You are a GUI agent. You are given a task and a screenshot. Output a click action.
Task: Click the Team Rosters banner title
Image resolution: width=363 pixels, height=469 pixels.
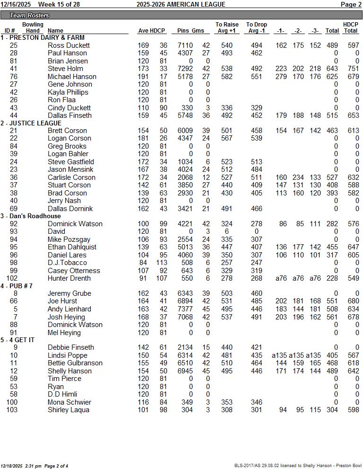pos(29,16)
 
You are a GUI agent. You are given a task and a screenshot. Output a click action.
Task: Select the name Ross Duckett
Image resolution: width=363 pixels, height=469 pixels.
pos(69,45)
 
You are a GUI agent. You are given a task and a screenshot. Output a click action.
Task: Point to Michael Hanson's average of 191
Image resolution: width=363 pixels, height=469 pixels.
pos(143,77)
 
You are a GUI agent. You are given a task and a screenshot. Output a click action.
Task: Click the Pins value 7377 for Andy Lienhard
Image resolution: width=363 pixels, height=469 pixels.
pos(185,309)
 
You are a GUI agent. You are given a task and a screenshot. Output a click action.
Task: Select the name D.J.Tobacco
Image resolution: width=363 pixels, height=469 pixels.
pos(67,263)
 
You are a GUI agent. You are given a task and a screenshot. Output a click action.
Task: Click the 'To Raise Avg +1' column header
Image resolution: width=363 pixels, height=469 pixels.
pos(227,27)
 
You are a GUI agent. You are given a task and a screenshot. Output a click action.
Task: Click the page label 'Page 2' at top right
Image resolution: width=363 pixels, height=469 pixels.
pos(351,4)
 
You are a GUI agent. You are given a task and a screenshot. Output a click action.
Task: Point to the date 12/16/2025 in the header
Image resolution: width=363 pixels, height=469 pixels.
pos(16,4)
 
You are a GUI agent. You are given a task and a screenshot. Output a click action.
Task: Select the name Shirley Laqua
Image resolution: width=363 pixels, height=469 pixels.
pos(69,410)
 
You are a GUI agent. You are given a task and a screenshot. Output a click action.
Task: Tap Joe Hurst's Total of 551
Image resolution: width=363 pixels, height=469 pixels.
pos(332,301)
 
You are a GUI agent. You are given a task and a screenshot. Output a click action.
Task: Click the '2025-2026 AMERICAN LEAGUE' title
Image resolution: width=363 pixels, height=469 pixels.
pos(181,4)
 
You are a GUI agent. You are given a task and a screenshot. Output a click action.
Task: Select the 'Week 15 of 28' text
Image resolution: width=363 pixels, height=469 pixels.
pos(59,4)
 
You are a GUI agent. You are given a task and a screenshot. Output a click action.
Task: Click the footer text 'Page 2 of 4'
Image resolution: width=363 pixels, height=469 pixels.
pos(56,466)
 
